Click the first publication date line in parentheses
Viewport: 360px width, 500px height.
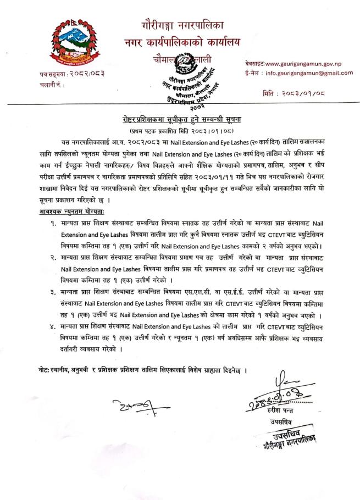coord(180,132)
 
